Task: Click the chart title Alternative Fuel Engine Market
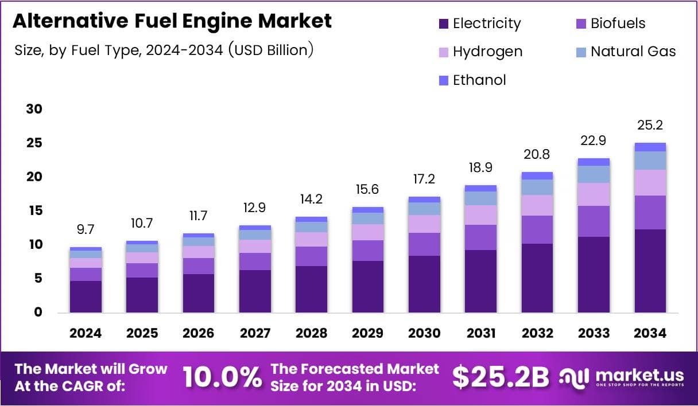[x=172, y=21]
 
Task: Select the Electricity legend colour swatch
[x=443, y=24]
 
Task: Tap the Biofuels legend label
[x=618, y=24]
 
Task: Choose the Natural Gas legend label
[x=633, y=52]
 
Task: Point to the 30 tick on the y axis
[x=34, y=109]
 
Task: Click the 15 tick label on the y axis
[x=34, y=211]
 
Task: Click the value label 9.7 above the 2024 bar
[x=86, y=230]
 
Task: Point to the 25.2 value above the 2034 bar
[x=650, y=126]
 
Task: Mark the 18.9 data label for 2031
[x=480, y=167]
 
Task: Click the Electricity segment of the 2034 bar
[x=650, y=271]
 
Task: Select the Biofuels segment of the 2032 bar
[x=537, y=229]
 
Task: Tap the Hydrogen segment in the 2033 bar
[x=594, y=194]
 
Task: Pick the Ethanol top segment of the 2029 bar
[x=367, y=210]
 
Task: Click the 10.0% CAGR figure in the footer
[x=222, y=377]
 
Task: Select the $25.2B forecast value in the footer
[x=500, y=377]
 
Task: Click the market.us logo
[x=622, y=377]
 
